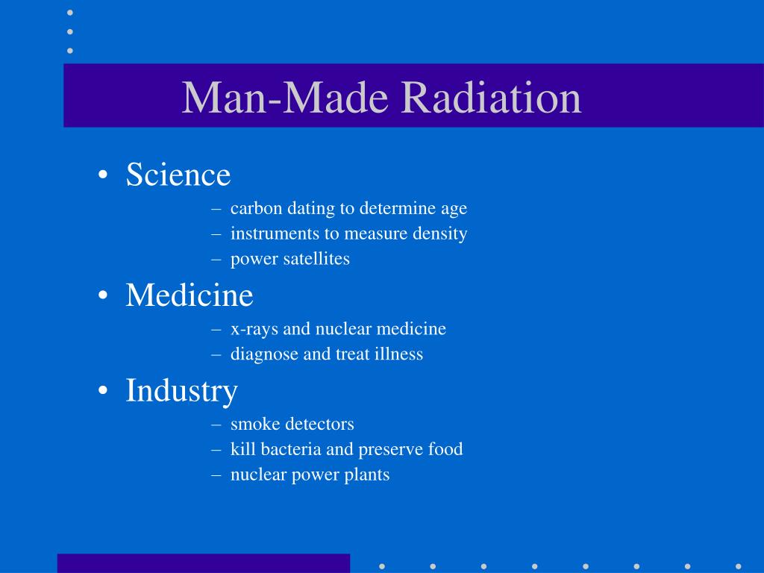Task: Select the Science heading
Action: pos(178,175)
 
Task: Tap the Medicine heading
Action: pos(190,295)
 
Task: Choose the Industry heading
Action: pos(181,390)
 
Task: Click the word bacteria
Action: pos(292,449)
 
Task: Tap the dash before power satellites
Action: pos(216,260)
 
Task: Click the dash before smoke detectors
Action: pos(216,425)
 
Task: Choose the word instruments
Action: pos(275,234)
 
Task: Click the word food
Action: pos(445,449)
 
